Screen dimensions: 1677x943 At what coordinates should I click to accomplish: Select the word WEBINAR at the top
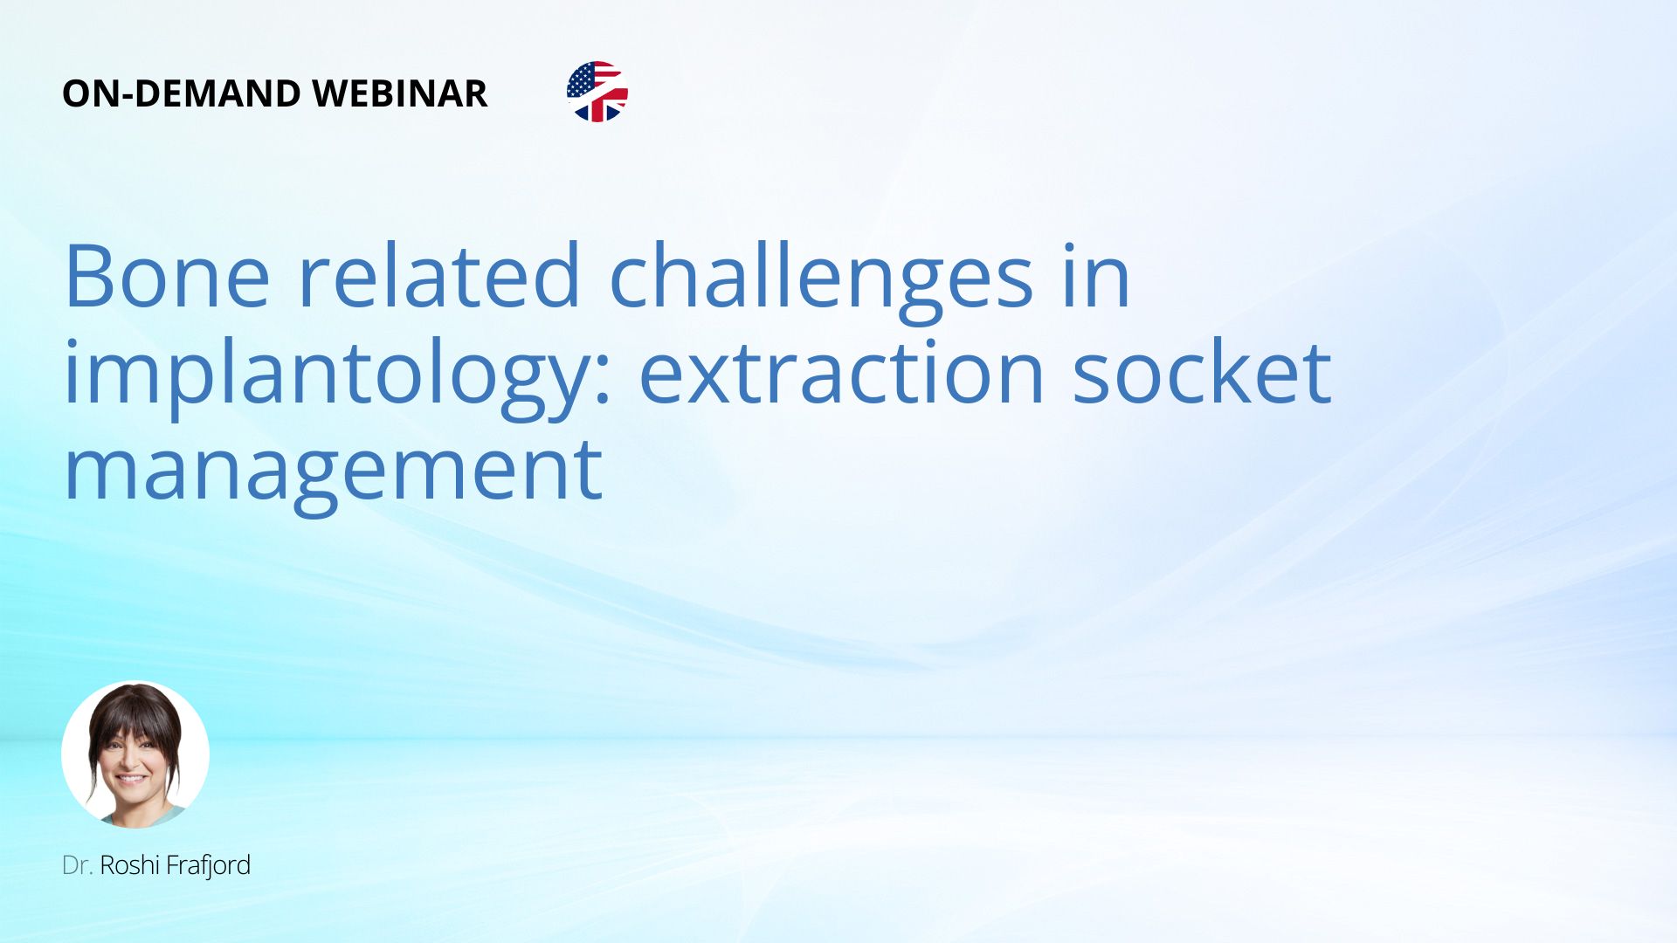point(400,94)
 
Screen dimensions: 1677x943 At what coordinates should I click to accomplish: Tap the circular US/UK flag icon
point(597,92)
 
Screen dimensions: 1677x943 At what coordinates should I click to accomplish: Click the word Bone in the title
point(167,276)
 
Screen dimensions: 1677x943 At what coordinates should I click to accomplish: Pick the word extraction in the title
point(842,372)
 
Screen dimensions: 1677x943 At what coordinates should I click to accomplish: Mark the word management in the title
point(334,475)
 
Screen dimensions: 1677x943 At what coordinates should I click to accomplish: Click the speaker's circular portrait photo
point(135,754)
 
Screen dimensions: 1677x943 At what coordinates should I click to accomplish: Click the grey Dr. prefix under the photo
point(77,865)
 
